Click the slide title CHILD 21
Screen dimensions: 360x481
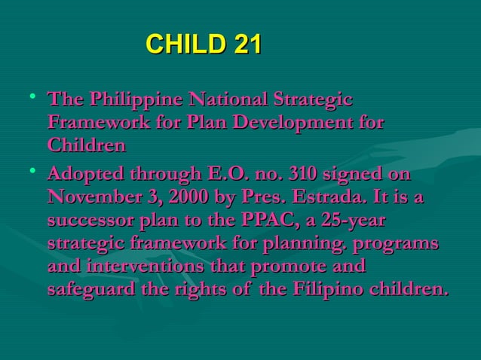click(x=203, y=44)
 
